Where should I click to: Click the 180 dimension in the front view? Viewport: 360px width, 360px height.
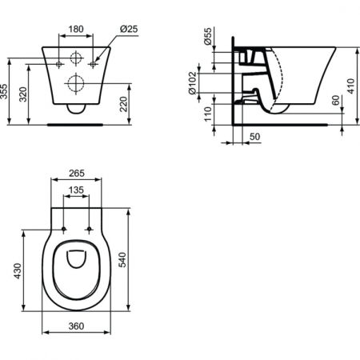76,29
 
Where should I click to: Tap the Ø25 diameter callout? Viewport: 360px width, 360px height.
127,30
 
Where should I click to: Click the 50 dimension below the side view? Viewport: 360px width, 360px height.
254,138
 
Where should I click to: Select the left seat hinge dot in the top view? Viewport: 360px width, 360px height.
65,230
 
